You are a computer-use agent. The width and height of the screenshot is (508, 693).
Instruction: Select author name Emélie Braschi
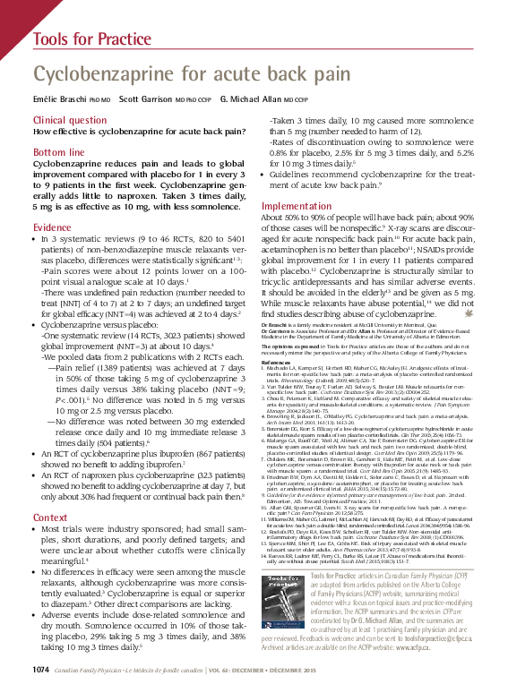point(59,98)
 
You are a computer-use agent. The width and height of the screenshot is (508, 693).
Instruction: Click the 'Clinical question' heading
point(69,119)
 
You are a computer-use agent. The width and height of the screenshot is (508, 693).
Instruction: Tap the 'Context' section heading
point(49,518)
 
